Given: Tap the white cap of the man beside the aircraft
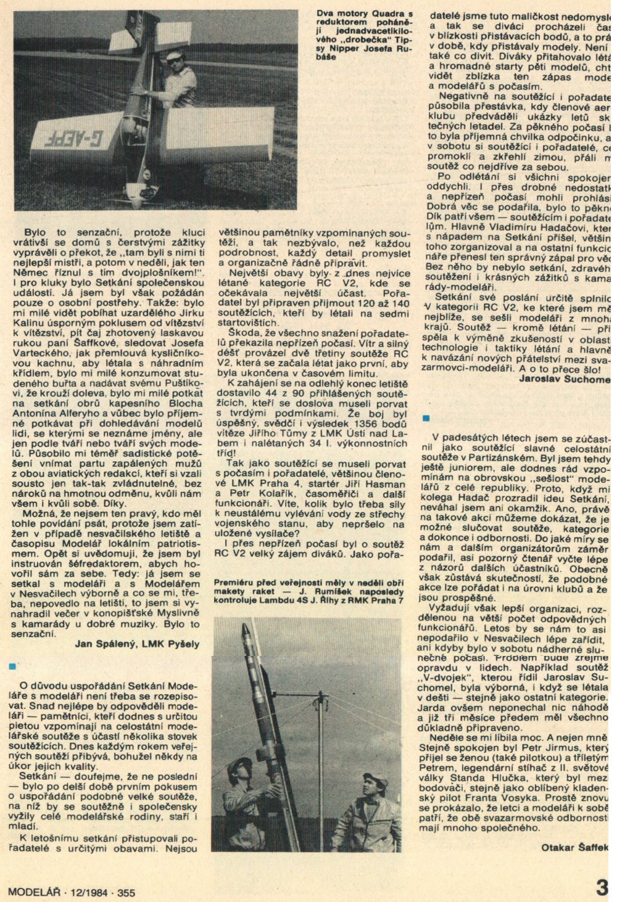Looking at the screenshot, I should (x=173, y=55).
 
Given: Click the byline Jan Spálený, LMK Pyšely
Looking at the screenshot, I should (x=137, y=644).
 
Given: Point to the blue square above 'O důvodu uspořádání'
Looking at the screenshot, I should (x=12, y=666).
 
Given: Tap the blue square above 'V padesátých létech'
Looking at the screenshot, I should (x=426, y=419).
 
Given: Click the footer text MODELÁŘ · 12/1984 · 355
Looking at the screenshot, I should (x=72, y=892).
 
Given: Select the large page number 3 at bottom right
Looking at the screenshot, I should (x=603, y=888).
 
